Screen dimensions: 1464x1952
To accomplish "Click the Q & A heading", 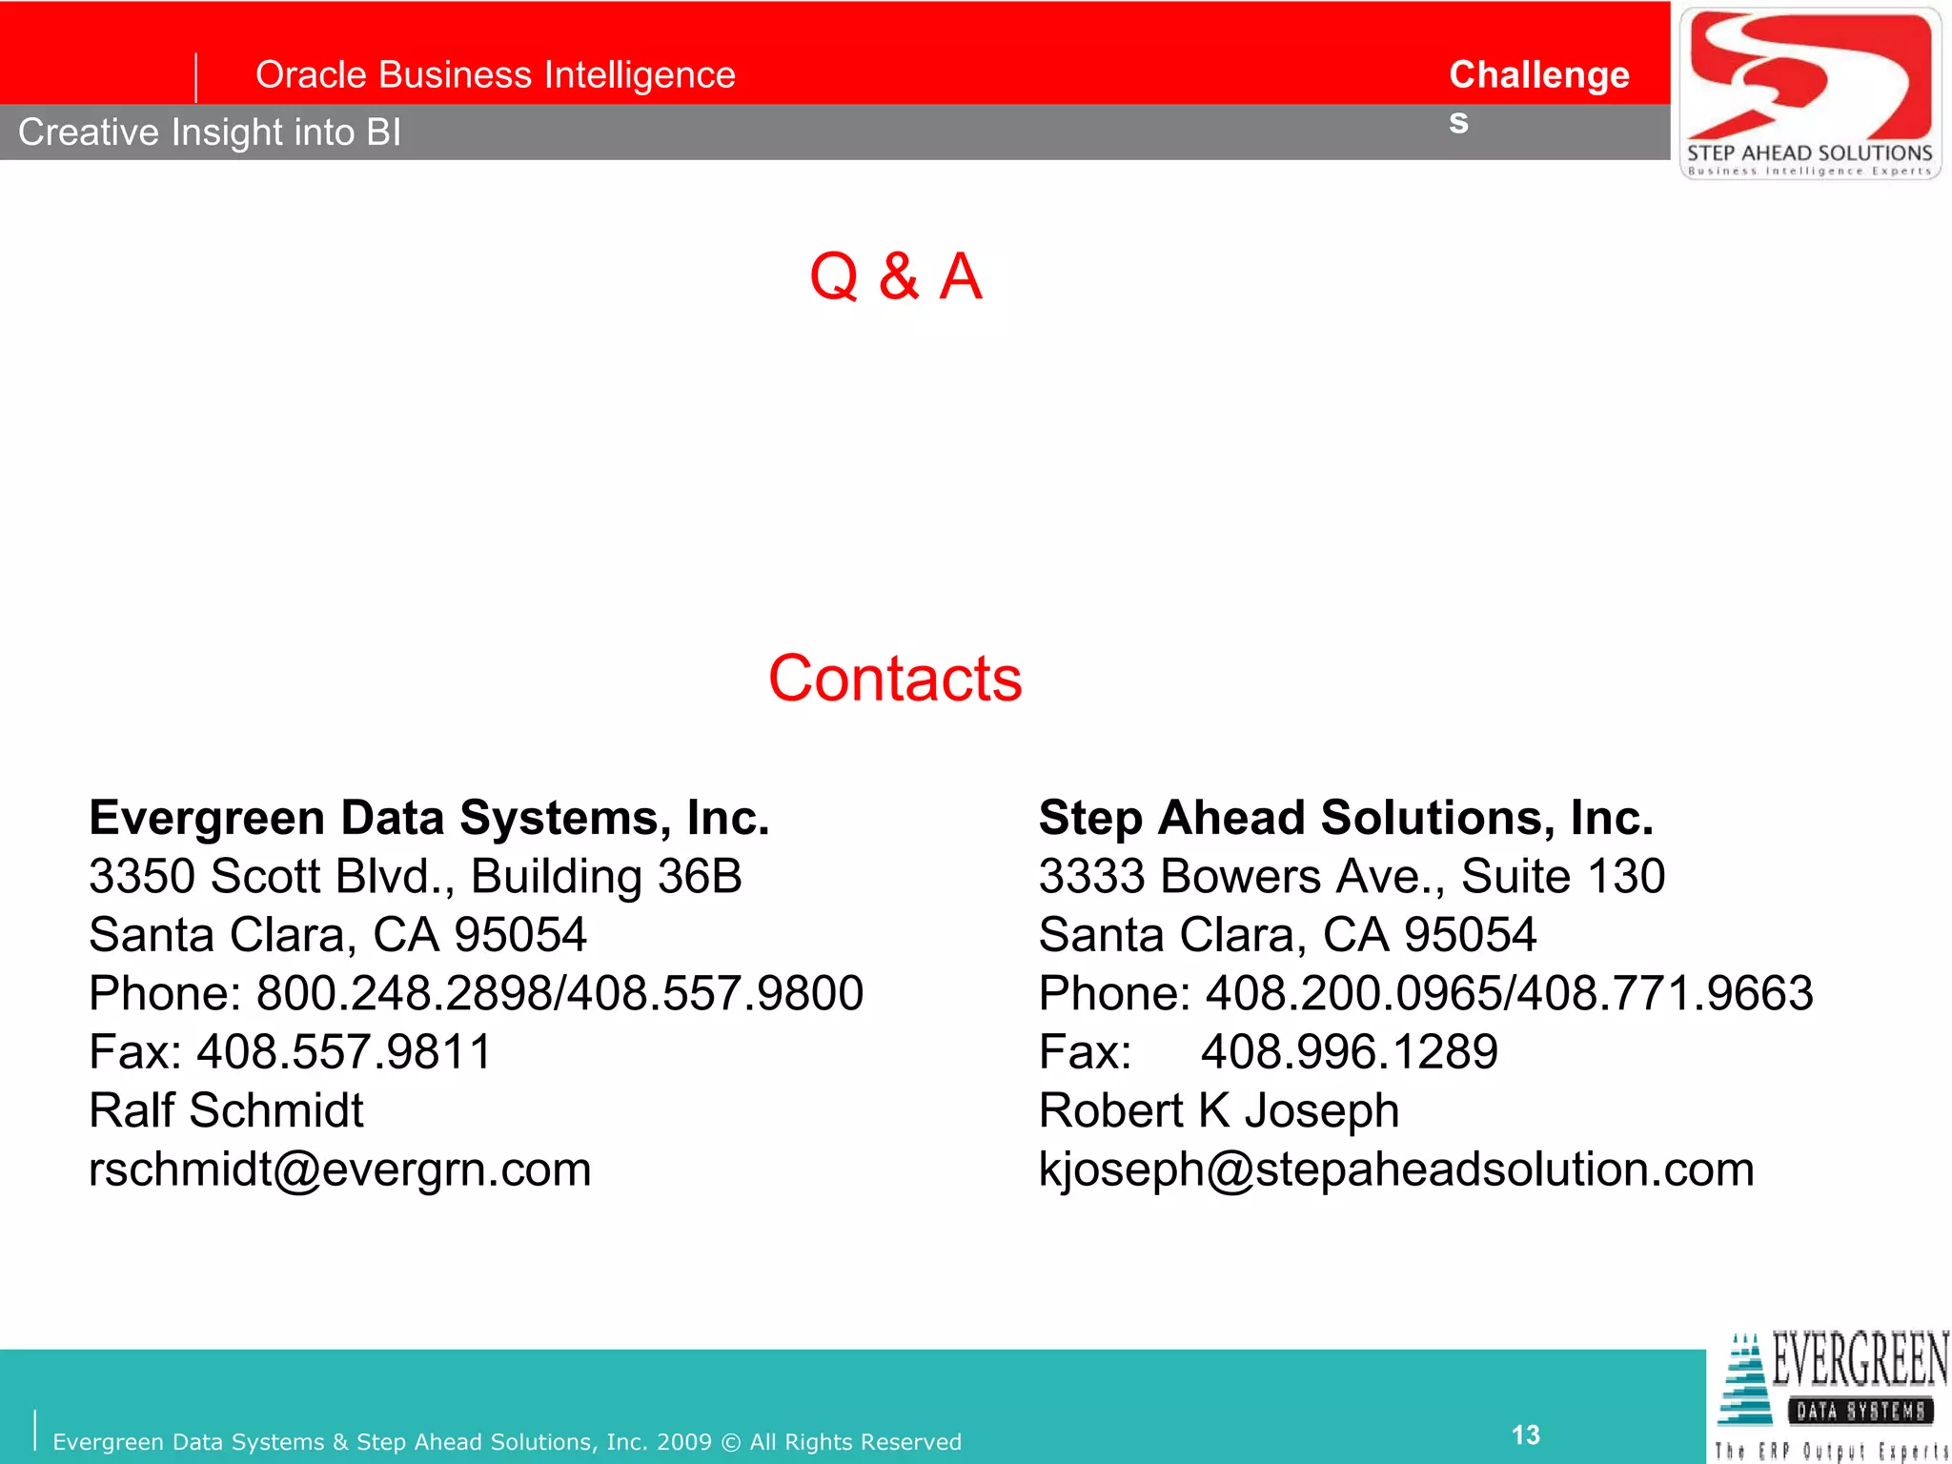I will tap(895, 276).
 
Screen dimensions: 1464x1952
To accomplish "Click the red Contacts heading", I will tap(895, 679).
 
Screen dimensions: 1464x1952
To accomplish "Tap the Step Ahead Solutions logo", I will tap(1810, 92).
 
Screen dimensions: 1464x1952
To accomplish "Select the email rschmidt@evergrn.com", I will tap(340, 1169).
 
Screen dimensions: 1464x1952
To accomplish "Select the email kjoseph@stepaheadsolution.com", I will tap(1396, 1169).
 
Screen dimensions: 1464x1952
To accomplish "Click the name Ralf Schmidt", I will tap(226, 1110).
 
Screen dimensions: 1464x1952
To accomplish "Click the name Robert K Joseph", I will tap(1219, 1110).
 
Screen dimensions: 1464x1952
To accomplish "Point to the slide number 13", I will tap(1525, 1434).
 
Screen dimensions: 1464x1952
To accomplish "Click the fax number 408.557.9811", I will tap(344, 1052).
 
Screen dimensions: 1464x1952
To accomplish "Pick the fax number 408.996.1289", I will tap(1349, 1052).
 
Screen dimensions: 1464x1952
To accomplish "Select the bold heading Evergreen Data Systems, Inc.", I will tap(429, 818).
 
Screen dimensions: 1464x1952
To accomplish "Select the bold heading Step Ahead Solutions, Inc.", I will tap(1346, 818).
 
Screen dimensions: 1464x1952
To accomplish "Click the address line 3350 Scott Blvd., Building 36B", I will tap(416, 876).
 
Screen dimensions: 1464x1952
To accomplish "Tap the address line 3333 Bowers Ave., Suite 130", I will tap(1352, 876).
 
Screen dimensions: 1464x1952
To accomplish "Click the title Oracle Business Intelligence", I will tap(496, 74).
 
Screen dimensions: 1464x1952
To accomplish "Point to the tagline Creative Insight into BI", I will tap(210, 132).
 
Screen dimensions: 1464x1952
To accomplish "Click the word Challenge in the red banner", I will tap(1539, 74).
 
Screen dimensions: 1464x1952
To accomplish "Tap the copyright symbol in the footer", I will tap(731, 1442).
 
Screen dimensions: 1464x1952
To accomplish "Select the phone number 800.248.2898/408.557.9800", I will tap(559, 993).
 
